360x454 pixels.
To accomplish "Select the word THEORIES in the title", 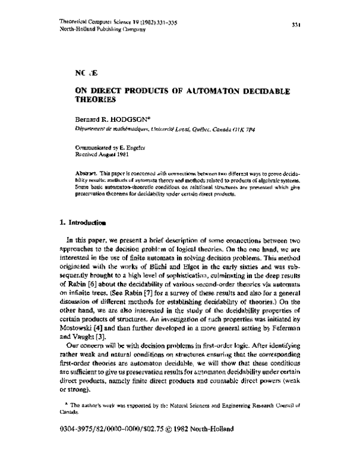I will coord(93,100).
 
